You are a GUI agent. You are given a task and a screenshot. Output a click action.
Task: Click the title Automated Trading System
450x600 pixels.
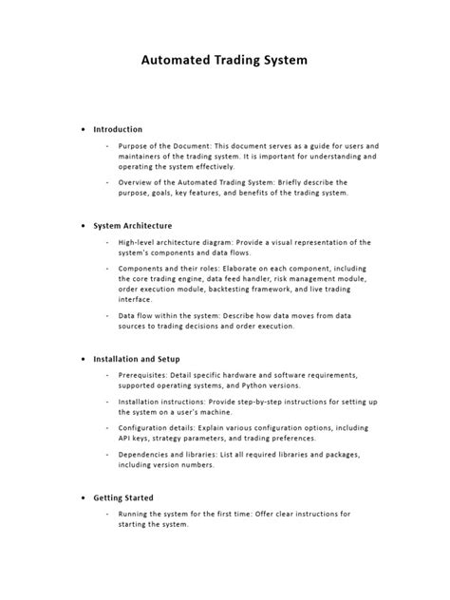click(x=224, y=59)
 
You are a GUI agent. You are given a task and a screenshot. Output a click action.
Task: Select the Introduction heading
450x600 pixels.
click(x=118, y=129)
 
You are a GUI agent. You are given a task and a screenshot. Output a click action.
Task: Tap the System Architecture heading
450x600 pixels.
click(x=132, y=226)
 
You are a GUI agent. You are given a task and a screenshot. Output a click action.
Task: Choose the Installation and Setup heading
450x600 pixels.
click(x=140, y=360)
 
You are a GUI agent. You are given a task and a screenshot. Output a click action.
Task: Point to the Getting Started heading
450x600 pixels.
click(x=123, y=497)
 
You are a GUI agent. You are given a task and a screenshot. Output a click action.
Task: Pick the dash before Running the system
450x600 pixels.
click(x=107, y=514)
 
